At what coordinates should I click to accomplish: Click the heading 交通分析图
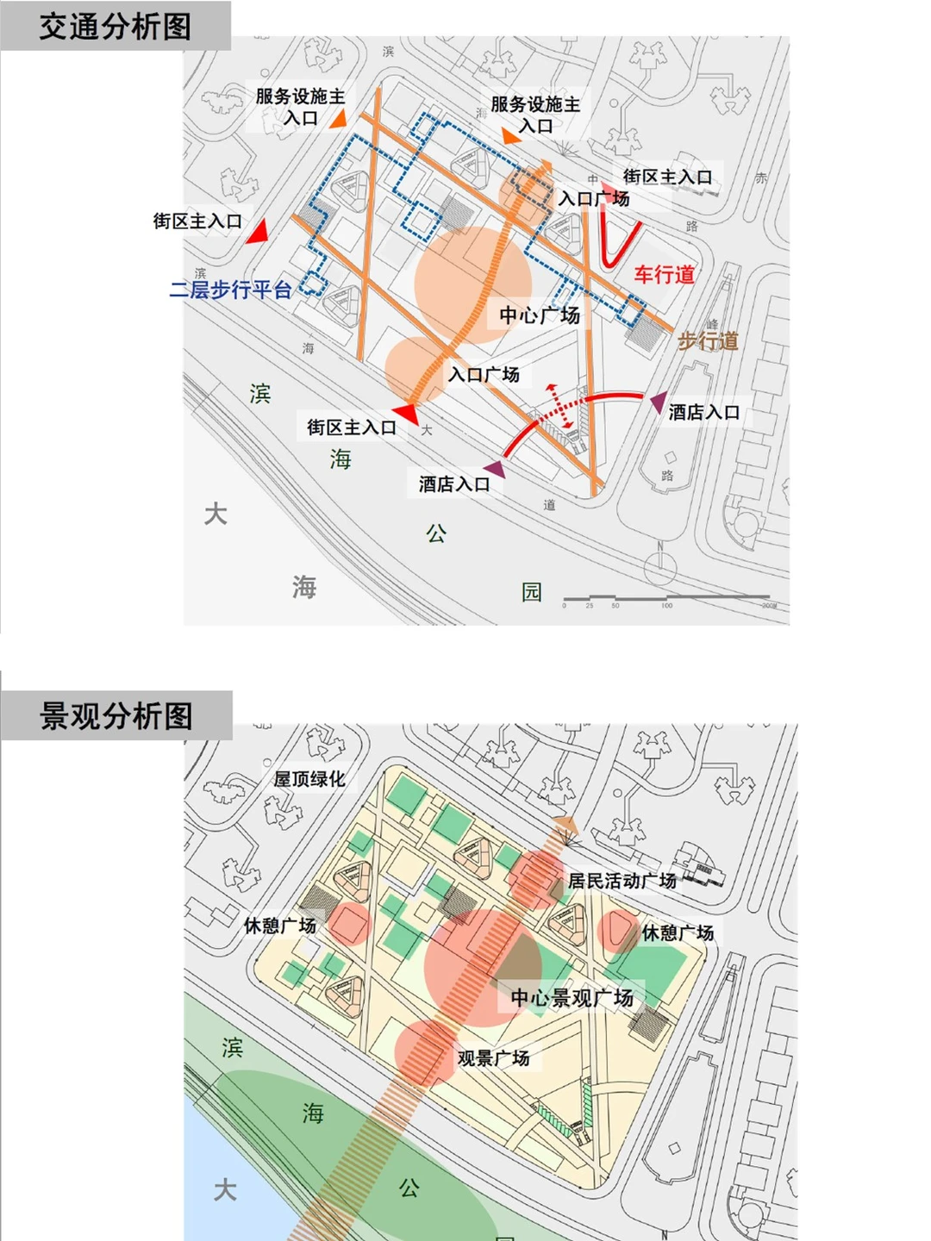tap(115, 27)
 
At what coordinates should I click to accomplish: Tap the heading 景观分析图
tap(116, 716)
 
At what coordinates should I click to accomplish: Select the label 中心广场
tap(540, 315)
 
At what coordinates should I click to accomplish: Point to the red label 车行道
tap(664, 275)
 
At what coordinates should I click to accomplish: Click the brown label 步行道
tap(708, 341)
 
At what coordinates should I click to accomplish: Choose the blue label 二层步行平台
tap(230, 290)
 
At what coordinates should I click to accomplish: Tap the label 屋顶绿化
tap(309, 779)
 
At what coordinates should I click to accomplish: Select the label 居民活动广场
tap(622, 881)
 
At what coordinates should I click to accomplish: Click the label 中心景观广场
tap(572, 998)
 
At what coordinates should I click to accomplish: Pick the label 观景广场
tap(493, 1057)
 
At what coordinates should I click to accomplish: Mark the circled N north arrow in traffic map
tap(661, 565)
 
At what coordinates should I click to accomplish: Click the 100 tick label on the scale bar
tap(666, 606)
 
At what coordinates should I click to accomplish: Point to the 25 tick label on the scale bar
tap(590, 606)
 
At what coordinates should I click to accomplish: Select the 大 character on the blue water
tap(225, 1190)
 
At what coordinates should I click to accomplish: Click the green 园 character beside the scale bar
tap(532, 592)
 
